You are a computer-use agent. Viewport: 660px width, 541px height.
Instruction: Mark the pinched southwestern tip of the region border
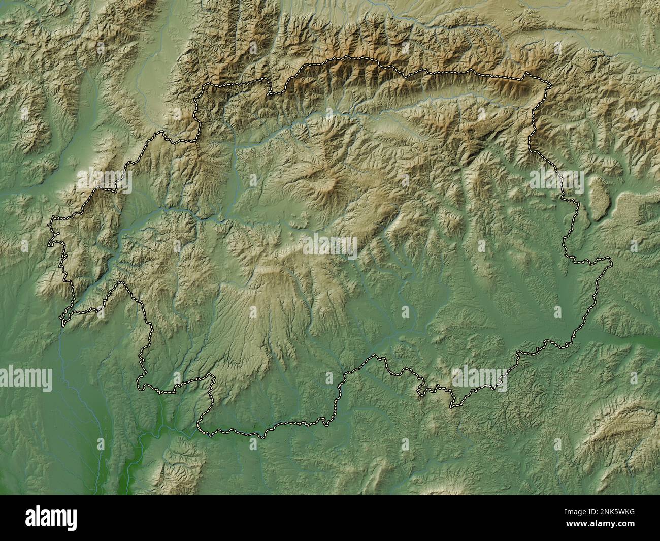pyautogui.click(x=62, y=322)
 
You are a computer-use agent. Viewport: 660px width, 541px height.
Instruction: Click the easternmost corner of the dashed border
pyautogui.click(x=611, y=262)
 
